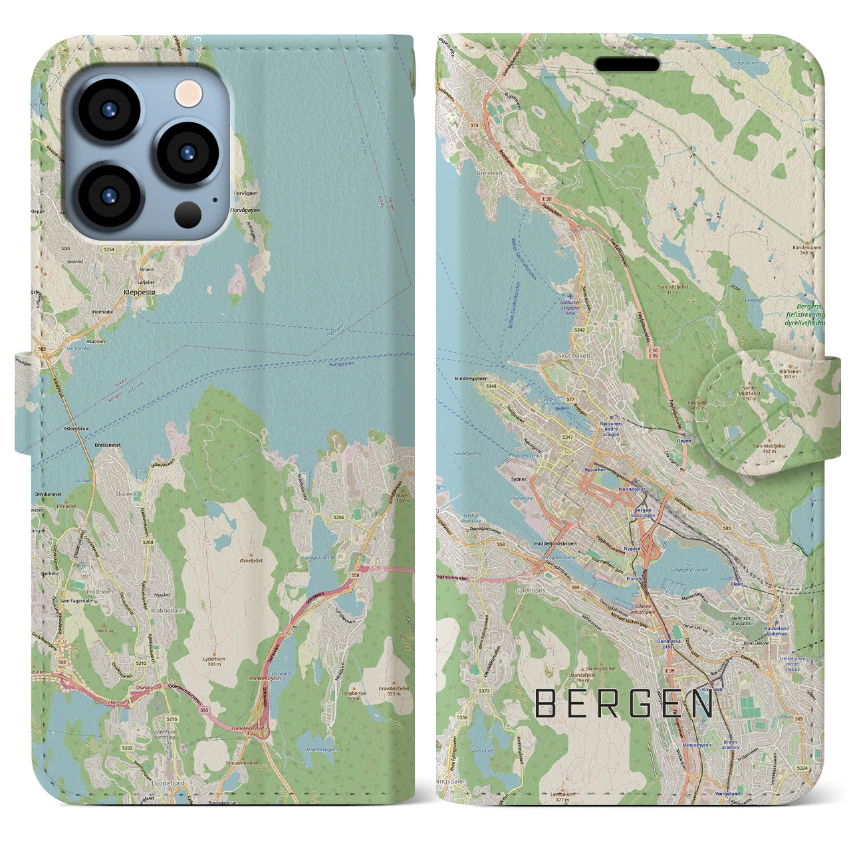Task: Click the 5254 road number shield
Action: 108,249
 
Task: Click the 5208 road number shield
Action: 147,543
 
